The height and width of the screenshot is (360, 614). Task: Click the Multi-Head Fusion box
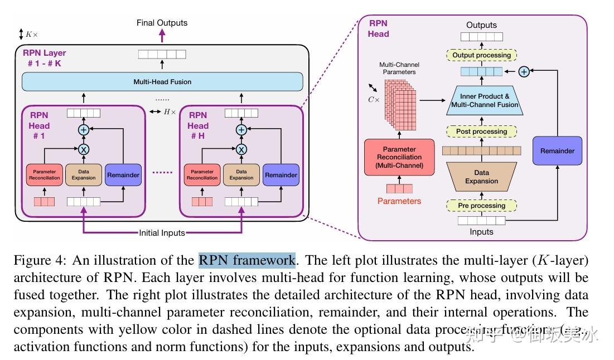click(x=162, y=82)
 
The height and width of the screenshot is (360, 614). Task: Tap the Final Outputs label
click(x=162, y=23)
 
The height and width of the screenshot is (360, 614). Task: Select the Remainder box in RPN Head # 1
click(x=123, y=175)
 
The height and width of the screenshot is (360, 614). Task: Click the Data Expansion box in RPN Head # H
click(x=241, y=175)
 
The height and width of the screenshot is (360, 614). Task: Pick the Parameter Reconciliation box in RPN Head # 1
click(x=46, y=175)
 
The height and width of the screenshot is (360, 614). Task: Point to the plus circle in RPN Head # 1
click(x=84, y=129)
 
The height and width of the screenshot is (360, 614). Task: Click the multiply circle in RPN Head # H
click(x=241, y=149)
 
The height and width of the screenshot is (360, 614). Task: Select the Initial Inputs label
click(x=162, y=232)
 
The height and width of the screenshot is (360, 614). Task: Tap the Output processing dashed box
click(x=481, y=55)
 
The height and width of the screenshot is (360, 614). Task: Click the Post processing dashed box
click(x=481, y=132)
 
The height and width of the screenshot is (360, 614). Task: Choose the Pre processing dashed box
click(x=481, y=206)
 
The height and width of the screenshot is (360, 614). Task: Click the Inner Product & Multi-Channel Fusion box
click(x=485, y=101)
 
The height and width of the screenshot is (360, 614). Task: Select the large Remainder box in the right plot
click(x=557, y=151)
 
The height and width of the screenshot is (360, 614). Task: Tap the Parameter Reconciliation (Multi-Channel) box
click(x=399, y=158)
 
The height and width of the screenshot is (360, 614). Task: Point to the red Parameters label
click(x=399, y=201)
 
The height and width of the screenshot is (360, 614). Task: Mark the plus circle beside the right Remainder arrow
click(x=524, y=71)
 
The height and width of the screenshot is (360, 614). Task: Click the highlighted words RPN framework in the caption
click(x=246, y=260)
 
